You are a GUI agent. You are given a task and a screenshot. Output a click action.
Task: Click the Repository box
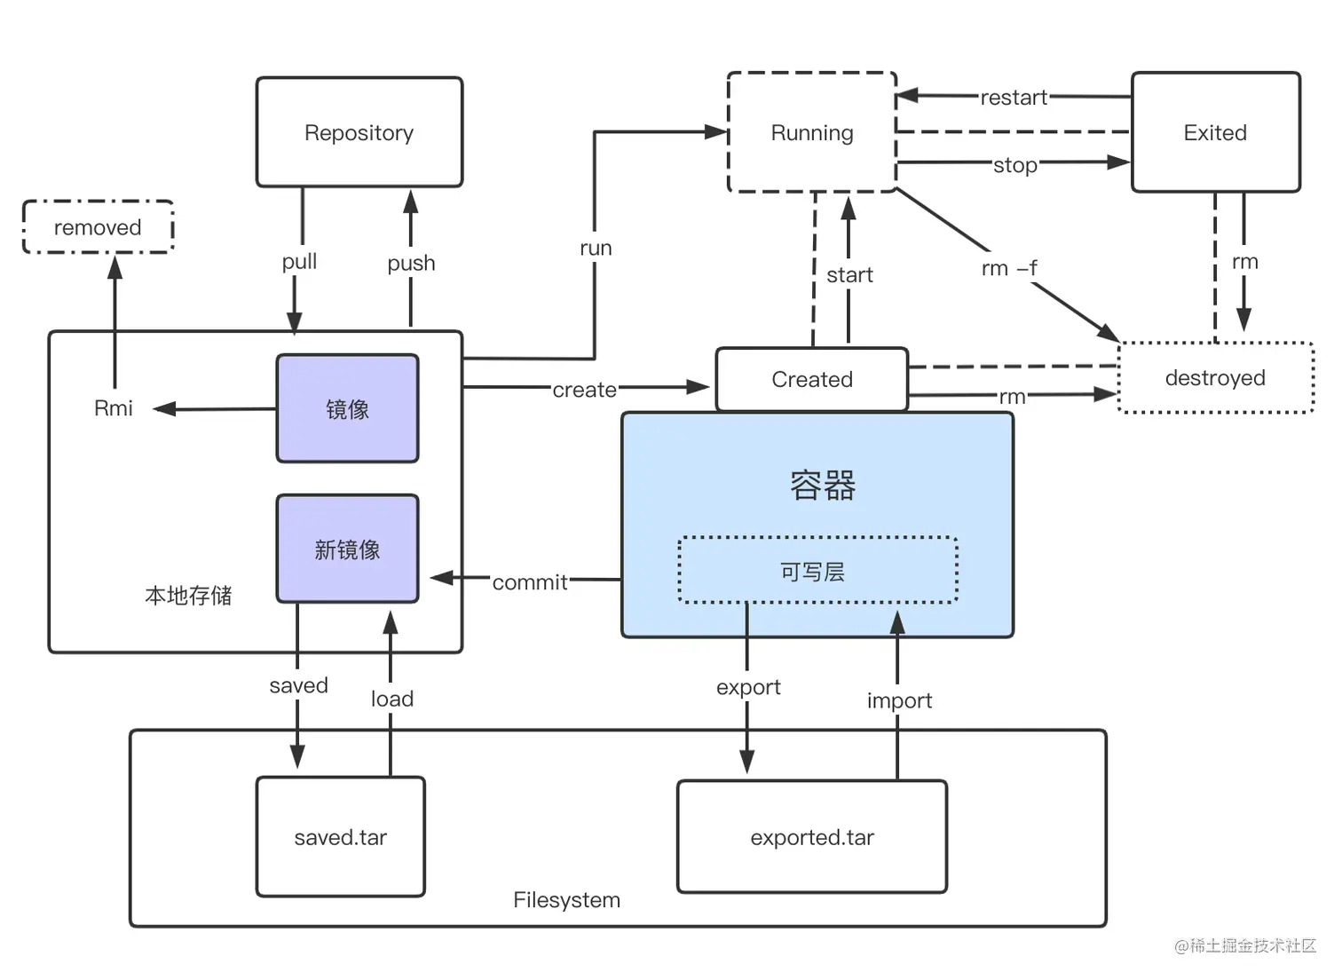(359, 132)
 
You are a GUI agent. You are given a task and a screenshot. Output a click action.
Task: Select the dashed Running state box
(811, 132)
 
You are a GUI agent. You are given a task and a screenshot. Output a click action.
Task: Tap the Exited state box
(1215, 132)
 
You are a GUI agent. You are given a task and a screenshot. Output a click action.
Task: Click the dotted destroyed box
(1215, 378)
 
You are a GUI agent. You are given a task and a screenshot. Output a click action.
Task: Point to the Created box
(811, 379)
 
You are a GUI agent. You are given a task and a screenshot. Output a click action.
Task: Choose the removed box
(98, 227)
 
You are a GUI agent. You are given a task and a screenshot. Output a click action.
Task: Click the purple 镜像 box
(347, 409)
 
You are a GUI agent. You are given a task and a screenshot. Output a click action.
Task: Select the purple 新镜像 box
(347, 549)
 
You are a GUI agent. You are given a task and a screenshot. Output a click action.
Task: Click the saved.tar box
(340, 837)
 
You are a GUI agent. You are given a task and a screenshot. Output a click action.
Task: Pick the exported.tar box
(811, 837)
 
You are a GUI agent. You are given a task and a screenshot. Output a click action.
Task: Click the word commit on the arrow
(530, 582)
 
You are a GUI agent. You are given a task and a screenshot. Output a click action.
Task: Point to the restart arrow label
(1014, 98)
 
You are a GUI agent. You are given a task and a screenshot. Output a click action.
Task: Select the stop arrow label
(1015, 165)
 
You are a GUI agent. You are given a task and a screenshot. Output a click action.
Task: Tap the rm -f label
(1009, 268)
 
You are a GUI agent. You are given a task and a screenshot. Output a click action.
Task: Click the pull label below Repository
(299, 262)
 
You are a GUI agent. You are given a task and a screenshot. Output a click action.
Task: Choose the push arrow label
(411, 264)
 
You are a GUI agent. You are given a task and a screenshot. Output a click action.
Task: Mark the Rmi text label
(114, 408)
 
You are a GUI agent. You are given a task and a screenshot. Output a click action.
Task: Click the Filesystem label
(566, 900)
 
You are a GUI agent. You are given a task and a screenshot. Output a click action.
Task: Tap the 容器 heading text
(823, 486)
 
